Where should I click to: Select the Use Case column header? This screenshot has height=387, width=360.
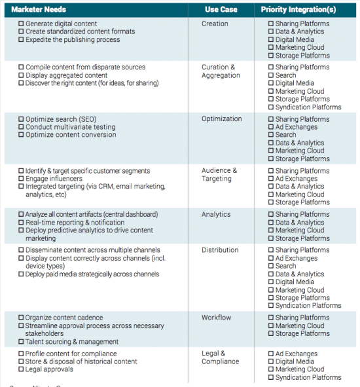[x=221, y=10]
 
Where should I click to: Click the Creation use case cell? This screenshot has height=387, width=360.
[x=215, y=24]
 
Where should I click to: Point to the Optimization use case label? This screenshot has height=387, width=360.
[x=221, y=119]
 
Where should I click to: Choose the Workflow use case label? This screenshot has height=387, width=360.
[x=216, y=318]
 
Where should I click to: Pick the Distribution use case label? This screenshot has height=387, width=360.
[x=220, y=250]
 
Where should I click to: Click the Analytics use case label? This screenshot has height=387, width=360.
[x=216, y=214]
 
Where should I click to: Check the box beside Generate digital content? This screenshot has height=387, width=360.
[x=21, y=24]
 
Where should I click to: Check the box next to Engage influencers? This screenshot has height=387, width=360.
[x=21, y=179]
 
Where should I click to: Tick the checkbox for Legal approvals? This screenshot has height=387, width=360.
[x=21, y=369]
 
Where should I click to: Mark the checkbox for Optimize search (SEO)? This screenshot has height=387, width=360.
[x=21, y=119]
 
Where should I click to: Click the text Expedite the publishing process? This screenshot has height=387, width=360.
[x=73, y=39]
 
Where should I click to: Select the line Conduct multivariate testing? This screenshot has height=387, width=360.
[x=70, y=127]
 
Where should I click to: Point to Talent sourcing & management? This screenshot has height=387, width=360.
[x=72, y=341]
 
